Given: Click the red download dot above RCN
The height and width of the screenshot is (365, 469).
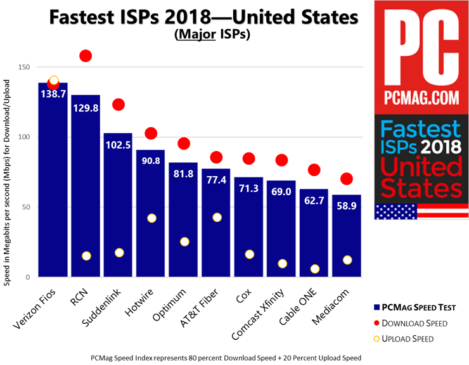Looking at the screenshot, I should coord(86,56).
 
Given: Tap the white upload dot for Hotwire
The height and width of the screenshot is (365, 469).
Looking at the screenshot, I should coord(151,218).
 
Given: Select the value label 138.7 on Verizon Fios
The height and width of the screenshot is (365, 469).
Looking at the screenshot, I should coord(53,93).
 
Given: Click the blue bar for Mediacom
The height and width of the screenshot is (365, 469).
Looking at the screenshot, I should coord(346,241).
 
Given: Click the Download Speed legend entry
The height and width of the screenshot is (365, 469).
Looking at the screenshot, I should coord(423,323).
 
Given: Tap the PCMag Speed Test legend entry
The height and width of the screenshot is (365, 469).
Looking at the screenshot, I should coord(421,308).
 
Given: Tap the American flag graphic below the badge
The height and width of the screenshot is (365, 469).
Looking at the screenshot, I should coord(421,212).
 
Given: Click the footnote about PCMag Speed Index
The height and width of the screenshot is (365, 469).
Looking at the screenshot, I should coord(226,358).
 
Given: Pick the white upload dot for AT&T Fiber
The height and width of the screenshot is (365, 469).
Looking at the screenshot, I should coord(217,217).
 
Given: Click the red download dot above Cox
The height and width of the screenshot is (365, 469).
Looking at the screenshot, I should coord(248,158).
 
